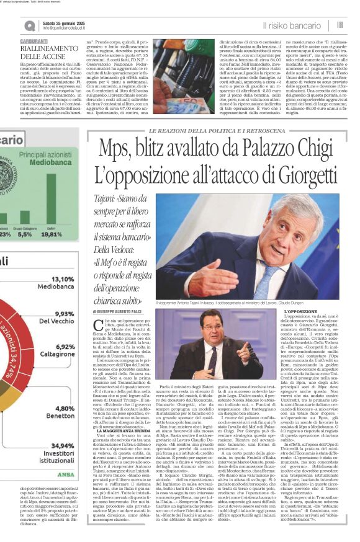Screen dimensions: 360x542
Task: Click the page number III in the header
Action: [340, 25]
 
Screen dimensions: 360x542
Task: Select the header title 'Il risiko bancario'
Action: [290, 25]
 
